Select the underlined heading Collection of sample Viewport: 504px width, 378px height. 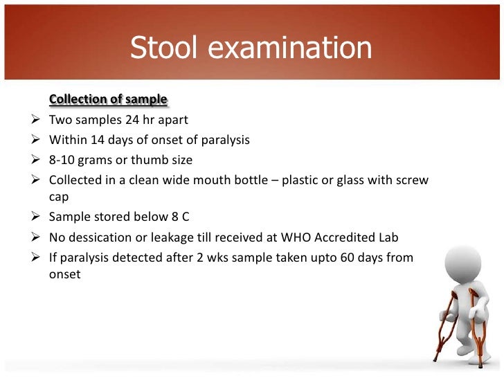[108, 100]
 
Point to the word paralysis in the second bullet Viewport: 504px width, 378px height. [224, 140]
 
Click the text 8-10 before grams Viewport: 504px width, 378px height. [62, 160]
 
